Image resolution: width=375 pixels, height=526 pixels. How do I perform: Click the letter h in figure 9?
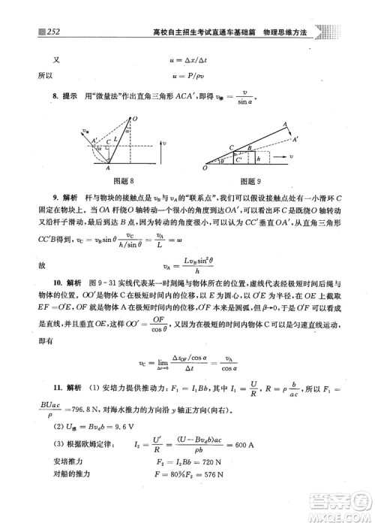pyautogui.click(x=259, y=159)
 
